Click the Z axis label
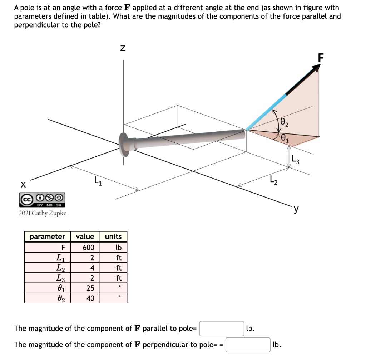click(x=123, y=48)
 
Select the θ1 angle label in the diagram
click(x=285, y=137)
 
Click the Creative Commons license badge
click(x=42, y=199)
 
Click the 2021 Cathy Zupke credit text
click(x=42, y=213)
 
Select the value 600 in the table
click(x=88, y=248)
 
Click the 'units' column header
click(x=113, y=237)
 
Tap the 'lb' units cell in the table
click(x=119, y=248)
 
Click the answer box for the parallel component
click(x=222, y=329)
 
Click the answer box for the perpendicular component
click(x=248, y=345)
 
